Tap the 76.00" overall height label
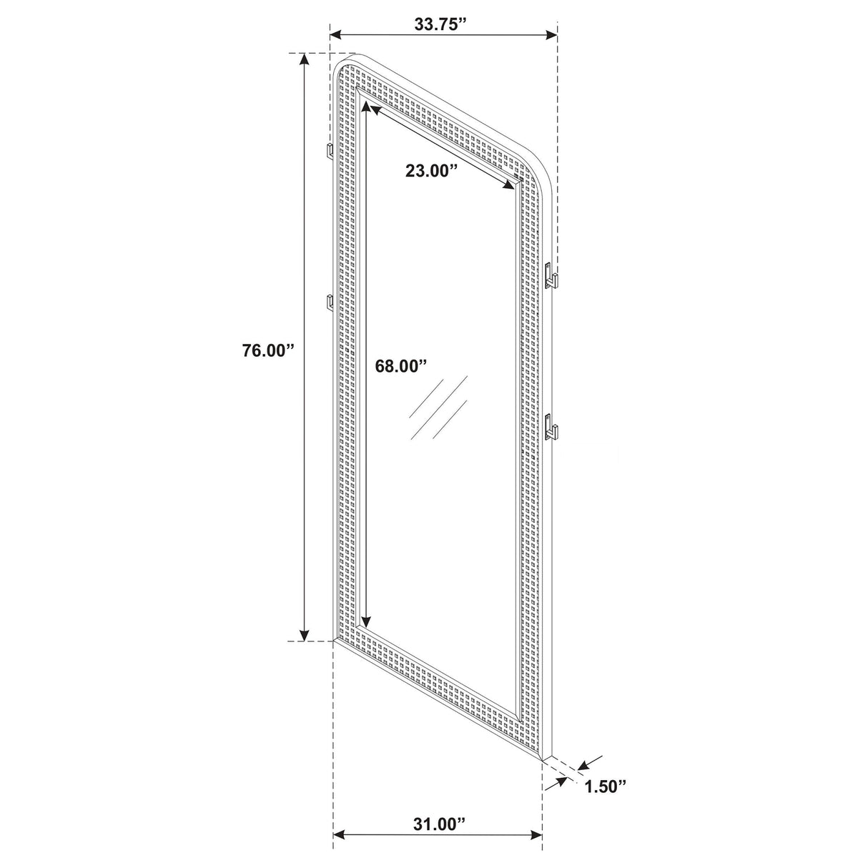coord(268,350)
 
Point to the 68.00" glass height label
coord(400,365)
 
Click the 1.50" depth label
coord(605,787)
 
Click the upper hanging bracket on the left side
coord(330,151)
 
